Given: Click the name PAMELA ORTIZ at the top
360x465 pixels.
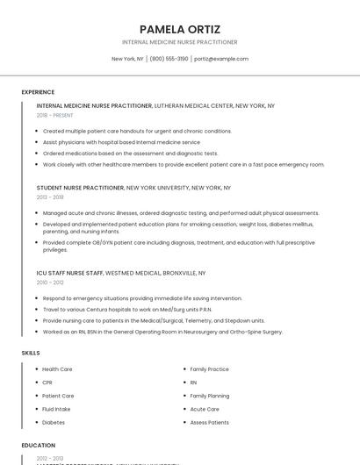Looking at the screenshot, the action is click(180, 28).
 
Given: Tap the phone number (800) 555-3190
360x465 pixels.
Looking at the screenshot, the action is click(169, 59).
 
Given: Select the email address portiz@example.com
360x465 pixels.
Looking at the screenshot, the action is click(221, 59).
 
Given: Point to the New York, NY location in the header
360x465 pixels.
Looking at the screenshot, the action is click(127, 59).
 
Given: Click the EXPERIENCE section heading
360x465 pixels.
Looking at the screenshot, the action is click(38, 92).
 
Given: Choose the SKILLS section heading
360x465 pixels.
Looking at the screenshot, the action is click(31, 353).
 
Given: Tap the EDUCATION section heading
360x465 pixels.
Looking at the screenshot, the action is click(39, 446).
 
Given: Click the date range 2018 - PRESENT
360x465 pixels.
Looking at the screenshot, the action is click(56, 115).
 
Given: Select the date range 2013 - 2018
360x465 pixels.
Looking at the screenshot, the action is click(50, 197).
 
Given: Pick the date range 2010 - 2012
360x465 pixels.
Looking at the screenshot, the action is click(50, 283).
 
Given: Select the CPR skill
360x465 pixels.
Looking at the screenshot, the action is click(47, 383).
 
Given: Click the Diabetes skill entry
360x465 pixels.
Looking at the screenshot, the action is click(54, 422).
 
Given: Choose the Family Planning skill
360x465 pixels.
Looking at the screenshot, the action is click(210, 396).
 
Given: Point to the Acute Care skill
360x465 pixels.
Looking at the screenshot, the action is click(205, 409).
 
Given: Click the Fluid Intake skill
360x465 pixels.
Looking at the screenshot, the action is click(56, 409).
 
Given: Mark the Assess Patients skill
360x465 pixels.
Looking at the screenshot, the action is click(209, 422).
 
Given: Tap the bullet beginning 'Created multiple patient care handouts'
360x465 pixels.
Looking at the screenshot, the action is click(137, 131).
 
